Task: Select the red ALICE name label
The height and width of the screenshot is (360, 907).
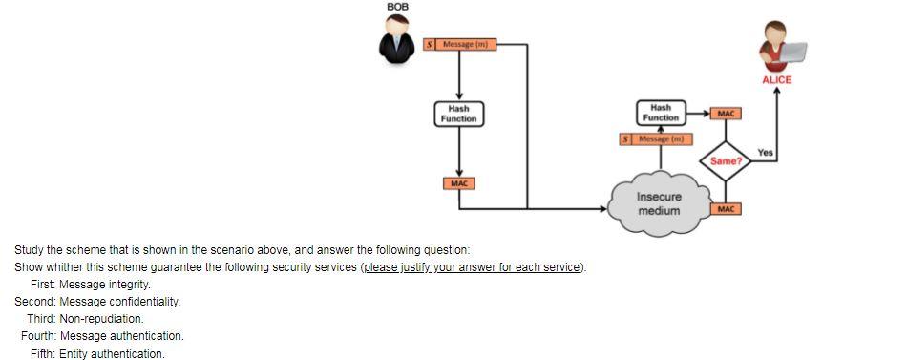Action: click(776, 80)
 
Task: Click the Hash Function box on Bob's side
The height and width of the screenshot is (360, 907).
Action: click(459, 114)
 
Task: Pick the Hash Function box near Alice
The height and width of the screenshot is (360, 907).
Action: click(661, 113)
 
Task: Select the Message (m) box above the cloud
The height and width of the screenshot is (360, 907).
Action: click(655, 139)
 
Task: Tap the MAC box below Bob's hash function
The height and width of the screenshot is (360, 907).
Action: click(459, 182)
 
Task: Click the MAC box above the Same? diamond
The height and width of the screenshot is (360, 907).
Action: click(725, 115)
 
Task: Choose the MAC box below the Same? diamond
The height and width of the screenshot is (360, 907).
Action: click(725, 207)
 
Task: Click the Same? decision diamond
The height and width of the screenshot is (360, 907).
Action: click(725, 160)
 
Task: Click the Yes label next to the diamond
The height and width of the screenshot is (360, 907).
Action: click(765, 152)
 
